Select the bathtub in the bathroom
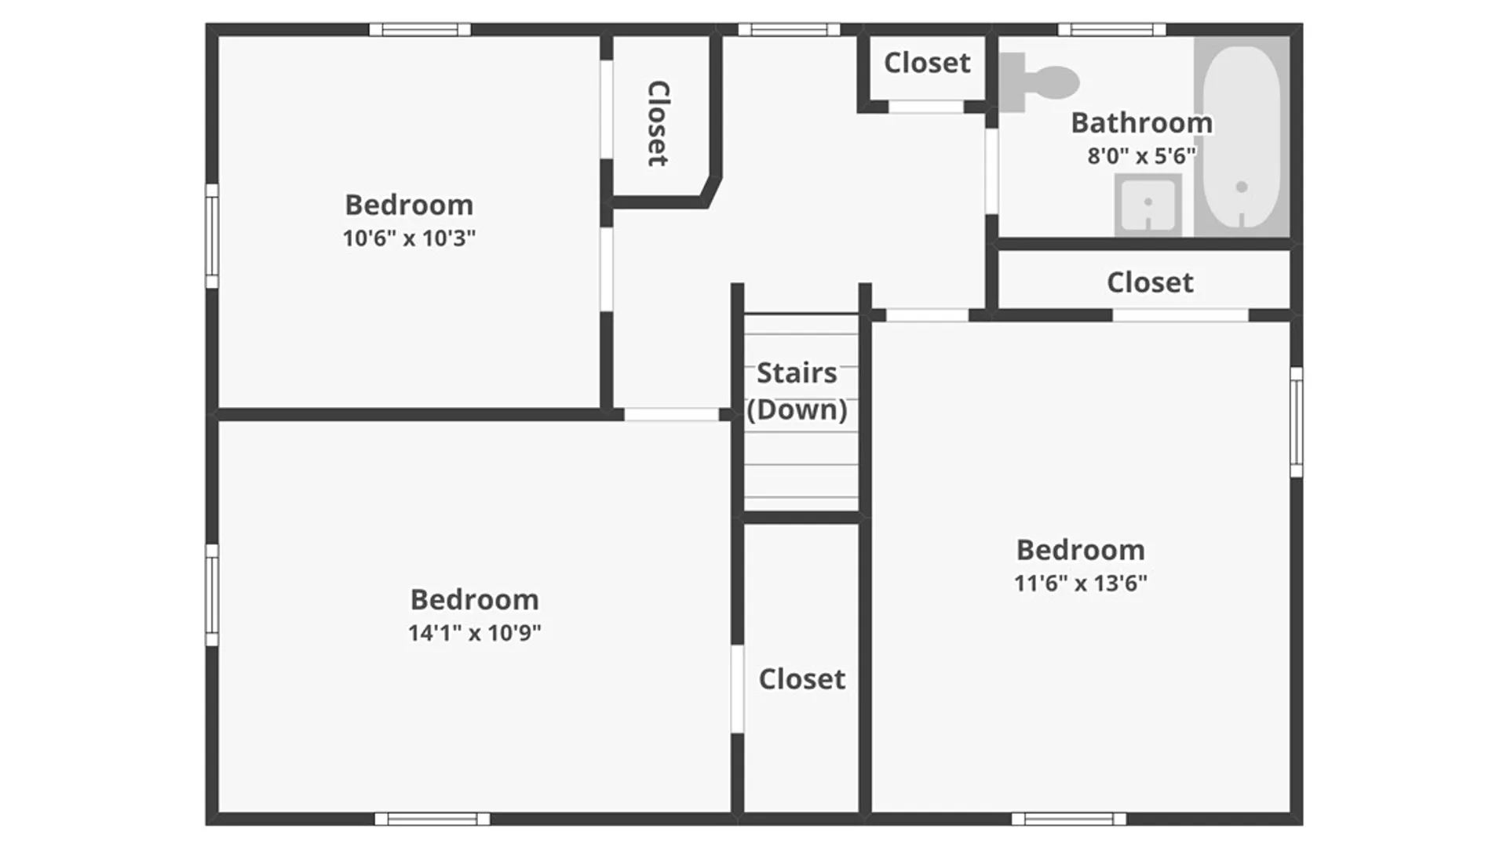point(1241,137)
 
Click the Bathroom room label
point(1141,123)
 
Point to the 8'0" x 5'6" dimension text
point(1141,156)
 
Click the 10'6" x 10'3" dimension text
point(409,238)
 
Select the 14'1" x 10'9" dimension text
point(474,633)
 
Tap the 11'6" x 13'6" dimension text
point(1080,583)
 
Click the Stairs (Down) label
point(797,391)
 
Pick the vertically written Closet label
point(658,123)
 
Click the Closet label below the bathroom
point(1150,282)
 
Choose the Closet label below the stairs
point(801,679)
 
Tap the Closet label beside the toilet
point(927,63)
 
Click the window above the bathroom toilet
point(1111,30)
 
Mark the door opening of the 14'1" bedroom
point(671,414)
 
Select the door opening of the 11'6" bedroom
point(927,315)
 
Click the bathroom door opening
point(991,171)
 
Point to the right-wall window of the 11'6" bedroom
point(1297,422)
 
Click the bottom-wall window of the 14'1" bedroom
point(432,819)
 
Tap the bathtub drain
point(1242,187)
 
